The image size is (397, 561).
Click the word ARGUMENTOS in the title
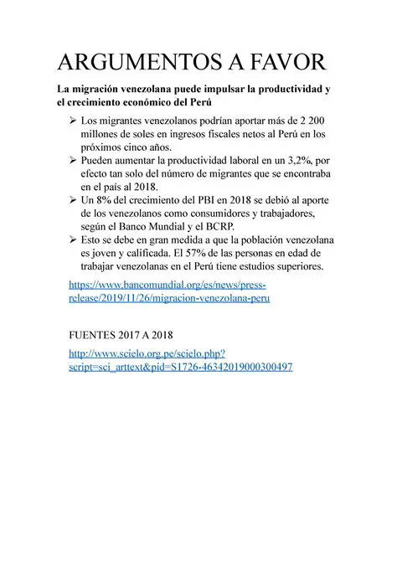pos(136,64)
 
